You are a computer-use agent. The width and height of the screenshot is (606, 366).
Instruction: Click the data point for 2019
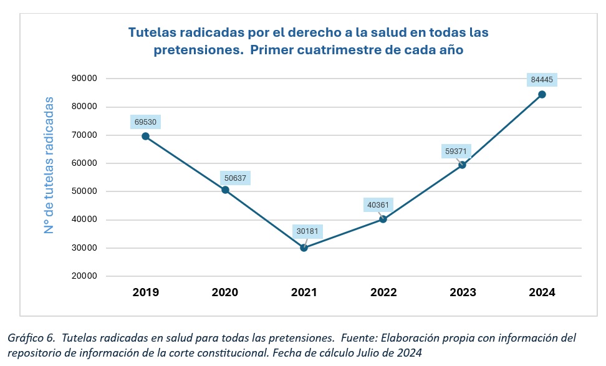(x=145, y=136)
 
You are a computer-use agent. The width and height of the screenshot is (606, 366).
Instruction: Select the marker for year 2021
(x=304, y=248)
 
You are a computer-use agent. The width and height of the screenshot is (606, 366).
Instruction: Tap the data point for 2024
(x=542, y=94)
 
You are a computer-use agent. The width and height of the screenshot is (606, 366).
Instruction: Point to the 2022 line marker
(x=383, y=219)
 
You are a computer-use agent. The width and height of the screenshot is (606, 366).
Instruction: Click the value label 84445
(x=541, y=80)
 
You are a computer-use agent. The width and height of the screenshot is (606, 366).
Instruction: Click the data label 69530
(x=146, y=122)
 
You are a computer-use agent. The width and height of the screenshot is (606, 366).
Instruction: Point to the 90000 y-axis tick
(x=84, y=79)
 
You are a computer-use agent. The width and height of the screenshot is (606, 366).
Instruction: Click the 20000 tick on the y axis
(x=84, y=276)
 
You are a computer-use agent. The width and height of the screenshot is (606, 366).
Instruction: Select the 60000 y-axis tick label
(x=84, y=163)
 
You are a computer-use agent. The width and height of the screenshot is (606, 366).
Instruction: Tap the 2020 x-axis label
(x=224, y=292)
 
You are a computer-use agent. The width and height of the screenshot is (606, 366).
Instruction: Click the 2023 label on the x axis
(x=462, y=292)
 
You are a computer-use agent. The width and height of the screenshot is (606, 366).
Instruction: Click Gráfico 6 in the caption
(x=31, y=338)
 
